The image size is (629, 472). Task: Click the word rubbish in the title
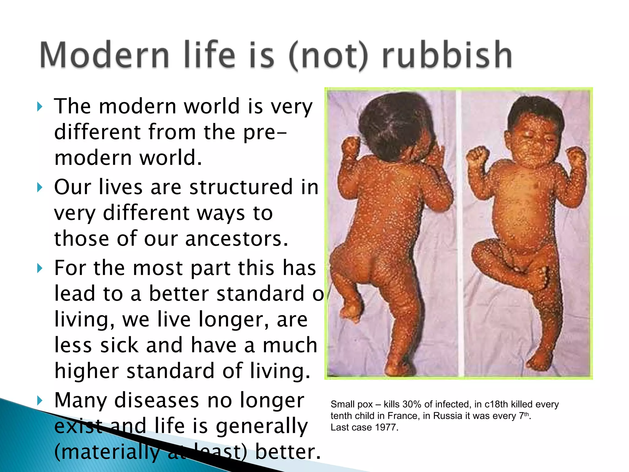point(447,55)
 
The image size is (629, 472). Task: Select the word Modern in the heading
point(104,55)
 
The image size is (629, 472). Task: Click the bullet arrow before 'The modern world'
point(39,107)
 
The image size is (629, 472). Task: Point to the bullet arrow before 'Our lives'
point(39,187)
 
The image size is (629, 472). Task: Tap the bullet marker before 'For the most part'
point(39,268)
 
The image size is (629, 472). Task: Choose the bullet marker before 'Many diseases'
point(39,400)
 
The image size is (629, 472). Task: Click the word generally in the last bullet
point(262,426)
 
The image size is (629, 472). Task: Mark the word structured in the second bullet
point(241,187)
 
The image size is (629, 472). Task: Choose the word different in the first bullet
point(97,132)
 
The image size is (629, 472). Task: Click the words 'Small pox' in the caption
point(351,404)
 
